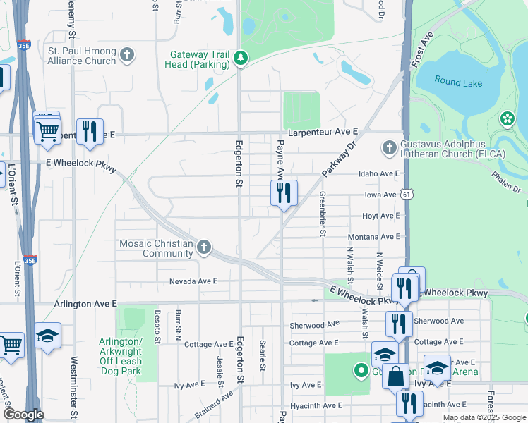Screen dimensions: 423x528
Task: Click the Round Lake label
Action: pyautogui.click(x=458, y=83)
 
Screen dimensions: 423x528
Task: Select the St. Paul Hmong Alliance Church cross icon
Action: pyautogui.click(x=127, y=56)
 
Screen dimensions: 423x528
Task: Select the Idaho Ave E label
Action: pyautogui.click(x=379, y=173)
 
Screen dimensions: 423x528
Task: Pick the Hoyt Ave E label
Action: pyautogui.click(x=380, y=216)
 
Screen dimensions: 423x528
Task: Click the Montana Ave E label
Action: pyautogui.click(x=374, y=237)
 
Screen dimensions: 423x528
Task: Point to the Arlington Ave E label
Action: pyautogui.click(x=85, y=304)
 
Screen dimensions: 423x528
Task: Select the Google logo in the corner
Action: pyautogui.click(x=23, y=415)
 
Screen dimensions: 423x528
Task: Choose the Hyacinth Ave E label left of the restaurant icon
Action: pyautogui.click(x=315, y=405)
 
